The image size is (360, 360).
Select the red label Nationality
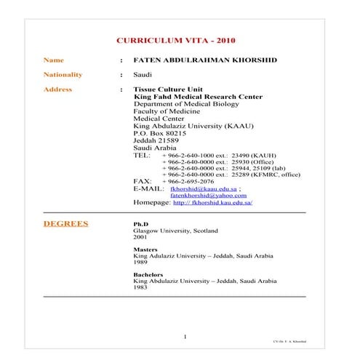click(x=63, y=74)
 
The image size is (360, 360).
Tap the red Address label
click(x=58, y=90)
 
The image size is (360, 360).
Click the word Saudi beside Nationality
click(x=143, y=75)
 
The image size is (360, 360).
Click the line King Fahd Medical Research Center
click(x=199, y=97)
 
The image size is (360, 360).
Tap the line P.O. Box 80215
click(x=160, y=134)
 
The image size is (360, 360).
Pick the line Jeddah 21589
click(x=157, y=141)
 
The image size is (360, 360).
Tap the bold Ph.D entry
click(x=141, y=225)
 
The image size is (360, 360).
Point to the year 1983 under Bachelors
click(x=140, y=287)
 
